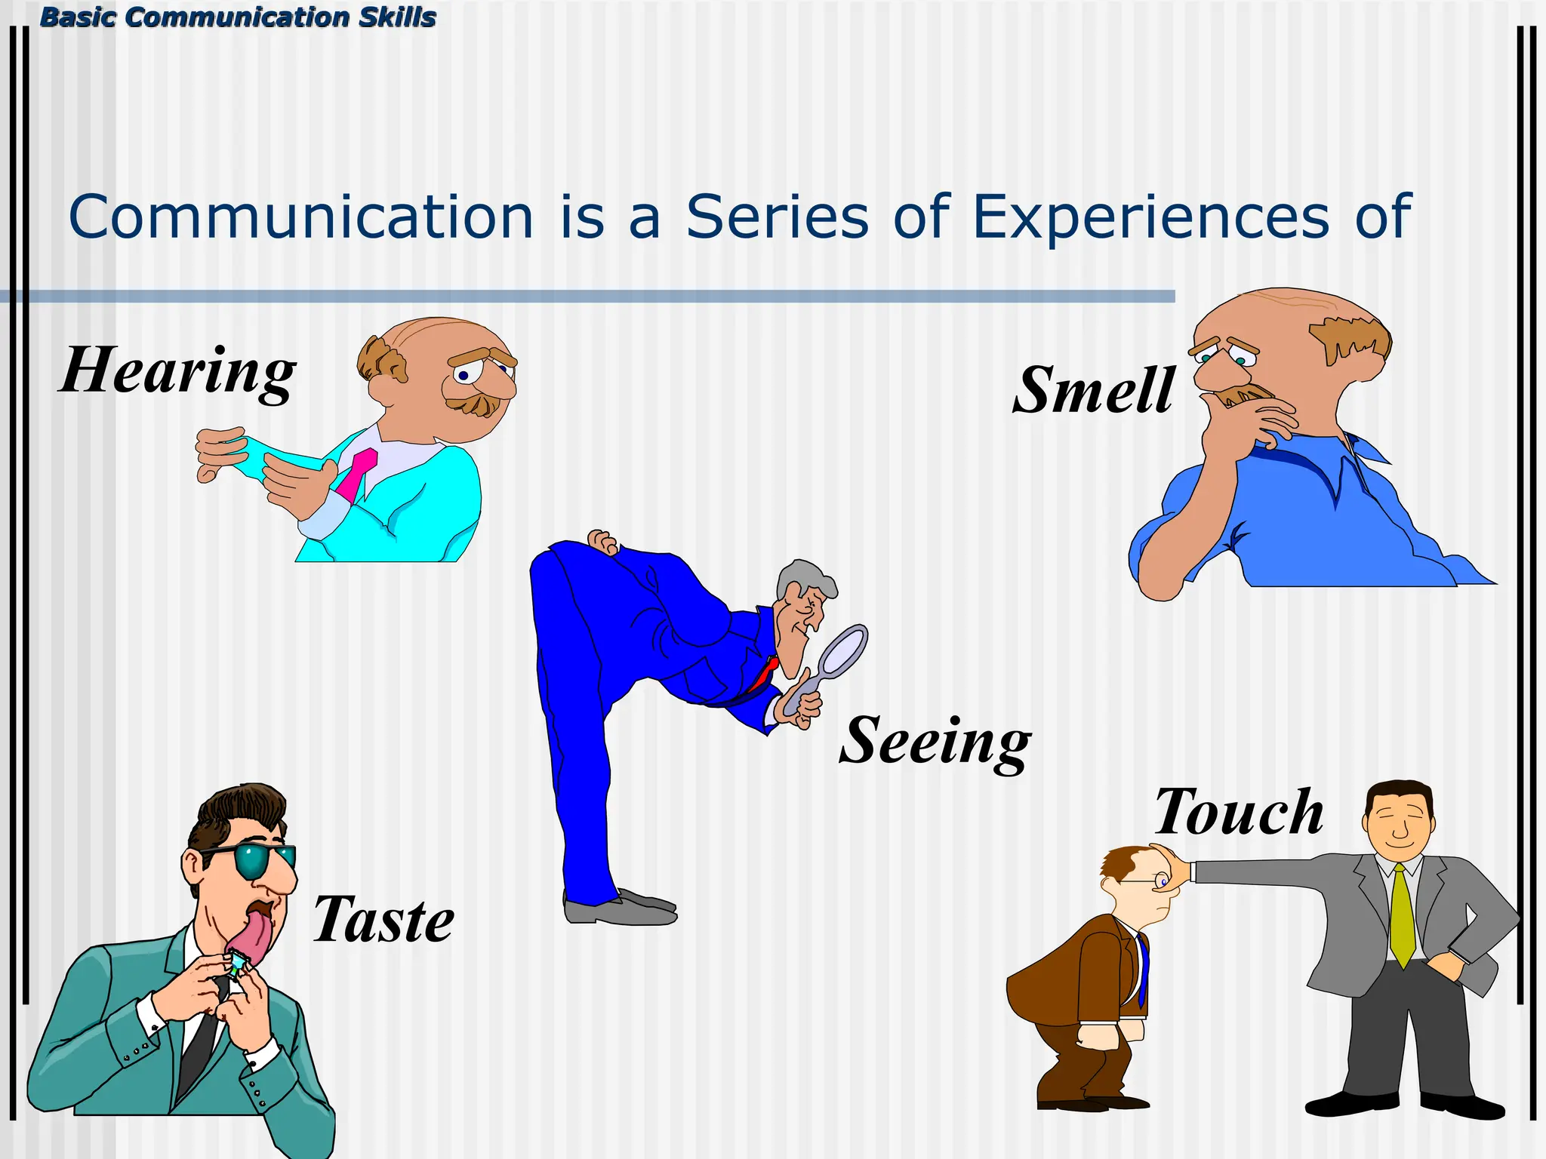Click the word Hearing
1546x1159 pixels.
[178, 371]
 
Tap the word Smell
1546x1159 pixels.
[1093, 390]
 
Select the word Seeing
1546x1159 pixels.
[935, 741]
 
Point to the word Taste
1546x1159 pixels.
[383, 920]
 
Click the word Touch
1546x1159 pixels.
[1239, 812]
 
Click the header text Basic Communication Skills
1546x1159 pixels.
[238, 17]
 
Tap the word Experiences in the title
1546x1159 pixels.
[1150, 217]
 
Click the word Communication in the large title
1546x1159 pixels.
[301, 217]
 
